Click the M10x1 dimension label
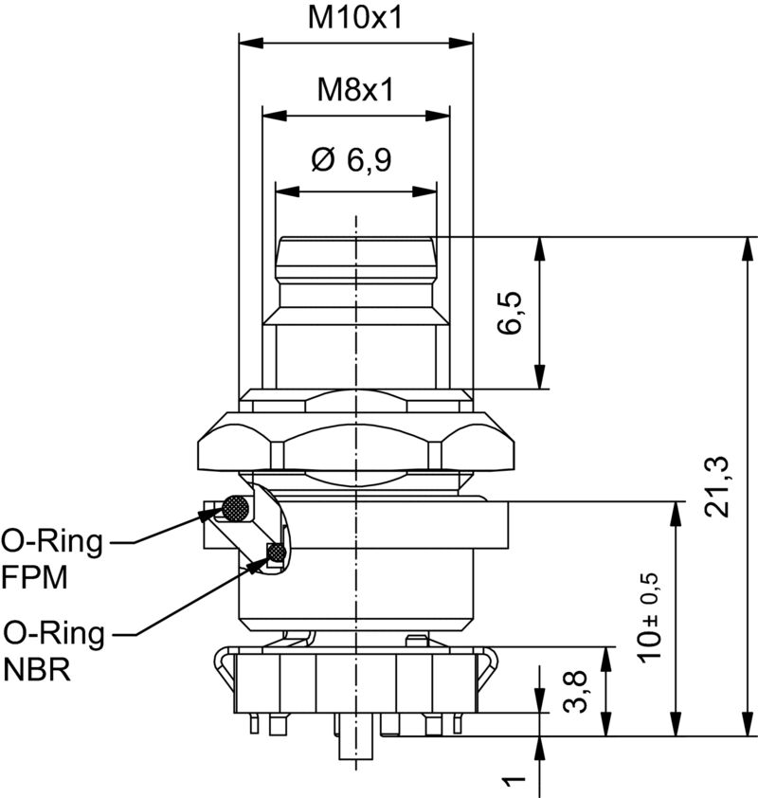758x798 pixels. [355, 16]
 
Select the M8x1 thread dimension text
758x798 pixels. [355, 90]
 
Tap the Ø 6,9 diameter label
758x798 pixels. [351, 161]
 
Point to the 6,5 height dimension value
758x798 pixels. [511, 313]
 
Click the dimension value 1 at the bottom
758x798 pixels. [513, 782]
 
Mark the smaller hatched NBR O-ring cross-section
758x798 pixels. [277, 552]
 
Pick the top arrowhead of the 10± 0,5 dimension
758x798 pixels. [676, 513]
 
